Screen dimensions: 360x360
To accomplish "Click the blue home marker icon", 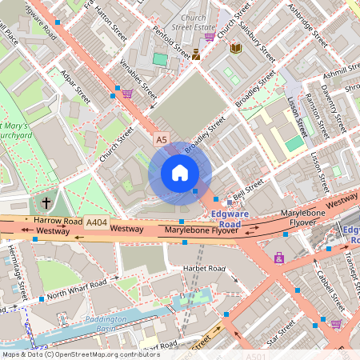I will [180, 173].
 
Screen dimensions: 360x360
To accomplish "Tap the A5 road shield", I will [162, 140].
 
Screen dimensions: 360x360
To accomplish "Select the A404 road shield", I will [96, 222].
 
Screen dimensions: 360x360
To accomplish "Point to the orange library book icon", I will [235, 49].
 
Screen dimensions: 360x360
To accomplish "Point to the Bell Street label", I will [249, 190].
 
